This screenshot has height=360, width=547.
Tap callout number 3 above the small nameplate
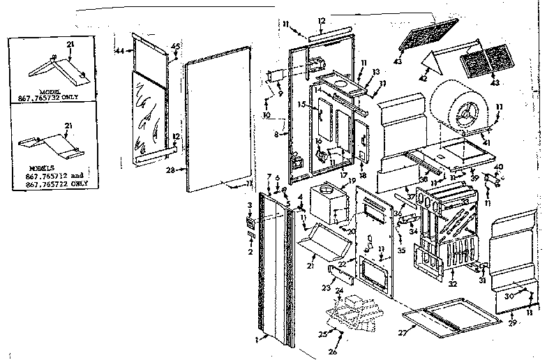(250, 204)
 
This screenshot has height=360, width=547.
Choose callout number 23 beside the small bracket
(324, 286)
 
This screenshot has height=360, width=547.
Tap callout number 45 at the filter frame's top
(174, 47)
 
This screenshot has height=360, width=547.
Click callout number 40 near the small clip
(498, 166)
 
